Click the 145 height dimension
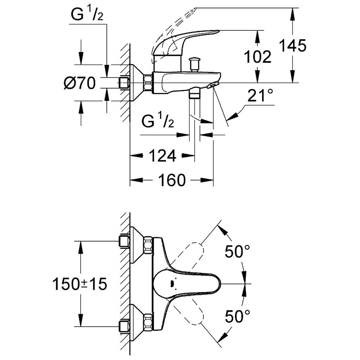tap(293, 45)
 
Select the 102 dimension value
tap(257, 57)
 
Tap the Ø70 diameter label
tap(80, 83)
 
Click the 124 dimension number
tap(163, 156)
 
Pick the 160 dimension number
tap(172, 180)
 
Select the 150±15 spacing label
tap(80, 284)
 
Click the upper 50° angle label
tap(237, 251)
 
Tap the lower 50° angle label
tap(237, 316)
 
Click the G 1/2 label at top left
tap(87, 15)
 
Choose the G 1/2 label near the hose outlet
tap(158, 121)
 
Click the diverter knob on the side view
tap(194, 65)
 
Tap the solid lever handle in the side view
tap(184, 42)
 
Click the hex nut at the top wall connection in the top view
tap(148, 245)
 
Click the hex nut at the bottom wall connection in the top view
tap(148, 323)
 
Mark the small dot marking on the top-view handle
tap(171, 284)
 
